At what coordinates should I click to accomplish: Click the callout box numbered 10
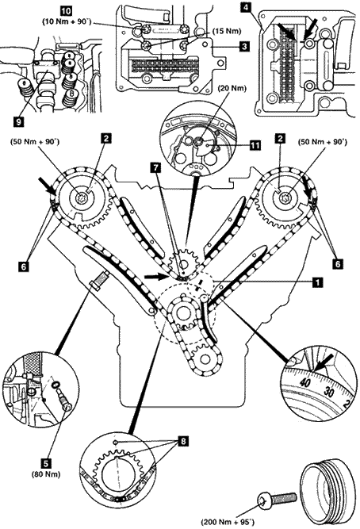point(65,11)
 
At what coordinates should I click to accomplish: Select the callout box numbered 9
point(19,121)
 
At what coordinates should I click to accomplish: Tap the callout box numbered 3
point(244,46)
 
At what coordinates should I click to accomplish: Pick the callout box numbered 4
point(247,7)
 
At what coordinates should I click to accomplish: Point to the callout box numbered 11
point(255,146)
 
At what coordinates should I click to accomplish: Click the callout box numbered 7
point(156,170)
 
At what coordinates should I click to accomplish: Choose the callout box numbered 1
point(317,282)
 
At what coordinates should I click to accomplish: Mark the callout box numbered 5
point(46,463)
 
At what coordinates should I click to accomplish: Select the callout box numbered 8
point(183,441)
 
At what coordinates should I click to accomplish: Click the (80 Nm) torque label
point(46,474)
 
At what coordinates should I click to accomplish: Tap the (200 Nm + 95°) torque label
point(227,522)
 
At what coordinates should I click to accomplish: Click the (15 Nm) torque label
point(227,31)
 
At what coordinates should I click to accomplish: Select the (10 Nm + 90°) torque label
point(67,21)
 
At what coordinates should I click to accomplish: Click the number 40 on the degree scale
point(304,382)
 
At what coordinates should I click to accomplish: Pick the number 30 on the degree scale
point(328,392)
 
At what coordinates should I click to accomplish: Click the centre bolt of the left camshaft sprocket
point(82,199)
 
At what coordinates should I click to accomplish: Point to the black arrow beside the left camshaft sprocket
point(48,186)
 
